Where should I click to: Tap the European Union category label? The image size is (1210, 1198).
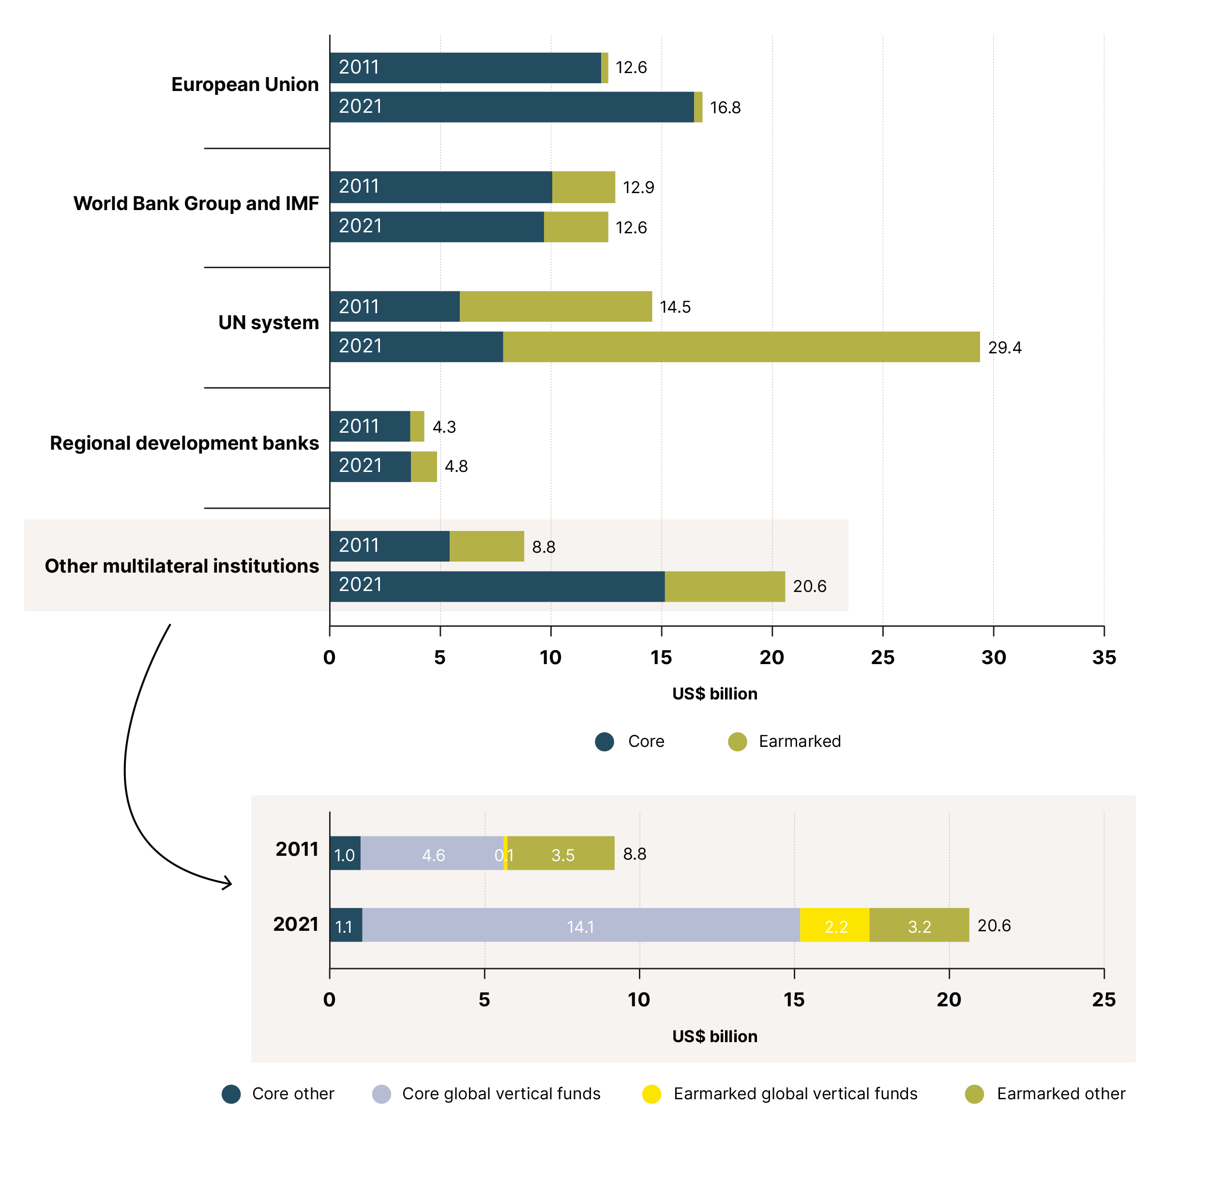245,85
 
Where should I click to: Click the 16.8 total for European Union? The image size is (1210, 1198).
725,108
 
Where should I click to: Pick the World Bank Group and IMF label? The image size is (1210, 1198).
196,203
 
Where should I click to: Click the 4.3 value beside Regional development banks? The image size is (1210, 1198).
444,427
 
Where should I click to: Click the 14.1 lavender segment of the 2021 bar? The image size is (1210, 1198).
581,925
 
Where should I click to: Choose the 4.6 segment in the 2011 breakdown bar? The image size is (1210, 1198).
432,853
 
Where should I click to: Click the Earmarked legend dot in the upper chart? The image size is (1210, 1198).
737,742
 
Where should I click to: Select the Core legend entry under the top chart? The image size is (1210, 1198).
629,742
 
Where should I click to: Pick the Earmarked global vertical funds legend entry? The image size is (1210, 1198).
779,1094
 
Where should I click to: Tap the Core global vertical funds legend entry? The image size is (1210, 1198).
486,1094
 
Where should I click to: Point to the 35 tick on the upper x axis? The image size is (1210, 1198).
1104,657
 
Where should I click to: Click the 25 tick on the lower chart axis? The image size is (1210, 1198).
1104,1000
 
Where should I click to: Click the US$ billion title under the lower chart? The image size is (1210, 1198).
714,1036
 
